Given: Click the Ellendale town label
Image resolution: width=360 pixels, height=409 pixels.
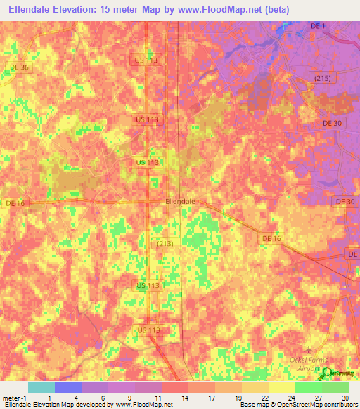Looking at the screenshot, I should (x=179, y=201).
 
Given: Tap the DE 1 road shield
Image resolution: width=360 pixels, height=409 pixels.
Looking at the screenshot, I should (x=318, y=26).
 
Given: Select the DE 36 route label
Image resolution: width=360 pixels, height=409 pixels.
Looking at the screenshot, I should (x=20, y=67).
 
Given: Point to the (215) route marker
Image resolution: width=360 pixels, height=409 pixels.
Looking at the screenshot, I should (x=323, y=77).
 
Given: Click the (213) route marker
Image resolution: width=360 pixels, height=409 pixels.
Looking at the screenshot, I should (x=165, y=243).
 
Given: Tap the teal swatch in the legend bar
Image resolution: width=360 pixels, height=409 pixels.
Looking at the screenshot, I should (x=41, y=387).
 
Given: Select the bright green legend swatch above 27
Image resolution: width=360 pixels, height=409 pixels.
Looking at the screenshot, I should (x=308, y=387).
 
